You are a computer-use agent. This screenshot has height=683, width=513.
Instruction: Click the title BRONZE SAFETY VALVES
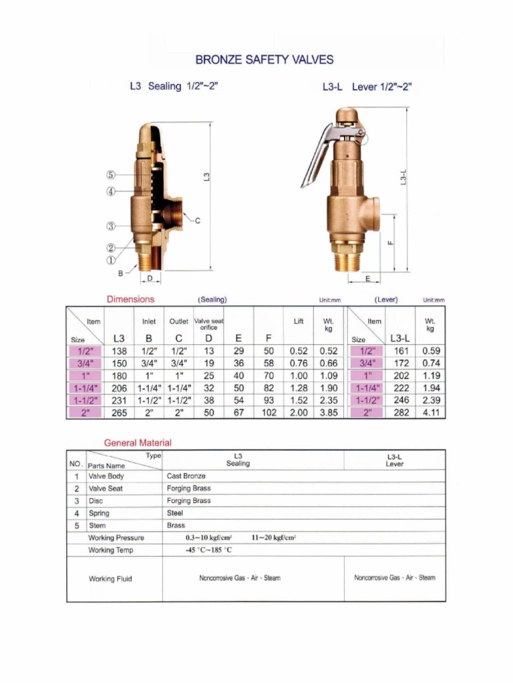click(x=264, y=59)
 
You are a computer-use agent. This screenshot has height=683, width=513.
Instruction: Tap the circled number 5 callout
click(x=111, y=175)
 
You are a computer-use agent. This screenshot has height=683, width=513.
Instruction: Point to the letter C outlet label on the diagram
click(x=198, y=221)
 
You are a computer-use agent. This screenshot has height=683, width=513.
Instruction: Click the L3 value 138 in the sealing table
click(x=118, y=351)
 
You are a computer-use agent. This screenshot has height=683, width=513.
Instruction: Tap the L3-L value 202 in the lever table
click(x=401, y=376)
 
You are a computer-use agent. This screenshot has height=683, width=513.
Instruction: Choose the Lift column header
click(x=299, y=321)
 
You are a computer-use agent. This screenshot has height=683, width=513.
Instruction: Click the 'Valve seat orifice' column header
click(x=208, y=324)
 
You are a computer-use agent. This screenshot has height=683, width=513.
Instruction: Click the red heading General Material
click(x=138, y=443)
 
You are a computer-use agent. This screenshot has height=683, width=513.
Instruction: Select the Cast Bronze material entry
click(x=186, y=476)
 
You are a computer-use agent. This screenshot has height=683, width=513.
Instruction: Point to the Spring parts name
click(x=99, y=514)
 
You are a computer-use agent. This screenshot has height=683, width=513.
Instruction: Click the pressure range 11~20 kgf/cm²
click(x=274, y=538)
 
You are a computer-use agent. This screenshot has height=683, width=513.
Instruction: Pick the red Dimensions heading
click(x=130, y=299)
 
